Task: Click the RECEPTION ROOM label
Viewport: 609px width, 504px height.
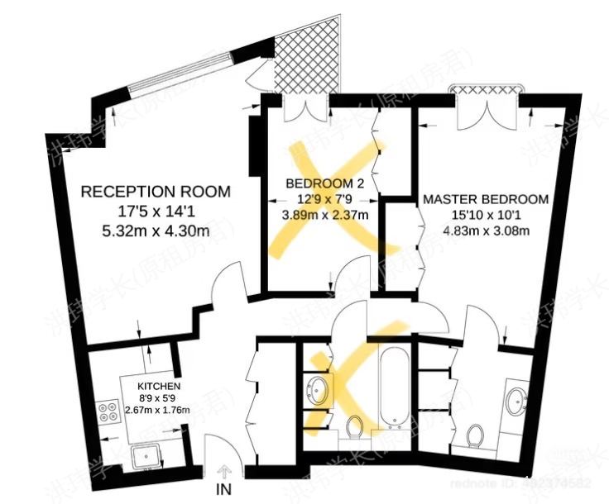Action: point(156,192)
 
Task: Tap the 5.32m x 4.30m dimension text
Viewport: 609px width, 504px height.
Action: point(156,231)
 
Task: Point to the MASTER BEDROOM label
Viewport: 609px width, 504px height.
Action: point(486,199)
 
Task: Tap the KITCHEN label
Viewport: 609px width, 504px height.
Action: point(154,387)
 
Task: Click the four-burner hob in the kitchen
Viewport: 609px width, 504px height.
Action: point(108,412)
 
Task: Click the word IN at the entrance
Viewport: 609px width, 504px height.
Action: point(224,489)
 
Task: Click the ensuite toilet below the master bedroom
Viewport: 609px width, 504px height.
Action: point(476,433)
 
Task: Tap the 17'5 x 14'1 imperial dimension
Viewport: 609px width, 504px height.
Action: point(156,211)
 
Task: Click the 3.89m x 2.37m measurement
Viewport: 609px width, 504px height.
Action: point(325,214)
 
